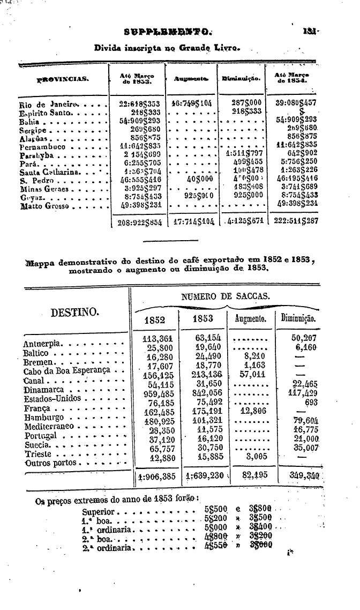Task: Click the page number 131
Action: point(310,31)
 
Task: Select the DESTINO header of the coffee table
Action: point(74,311)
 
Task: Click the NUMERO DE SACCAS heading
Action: point(226,296)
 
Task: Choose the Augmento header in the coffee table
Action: point(251,319)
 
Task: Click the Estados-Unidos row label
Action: point(52,398)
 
